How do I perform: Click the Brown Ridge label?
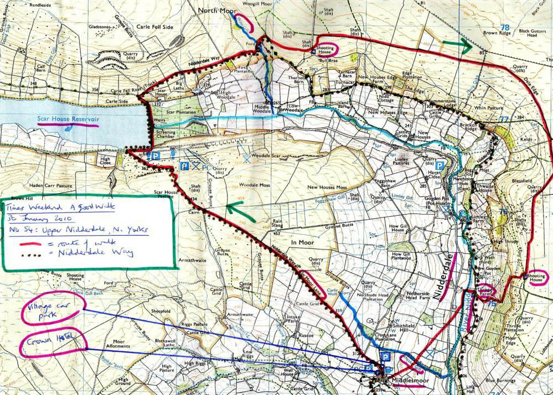point(497,33)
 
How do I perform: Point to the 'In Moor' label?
point(301,242)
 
